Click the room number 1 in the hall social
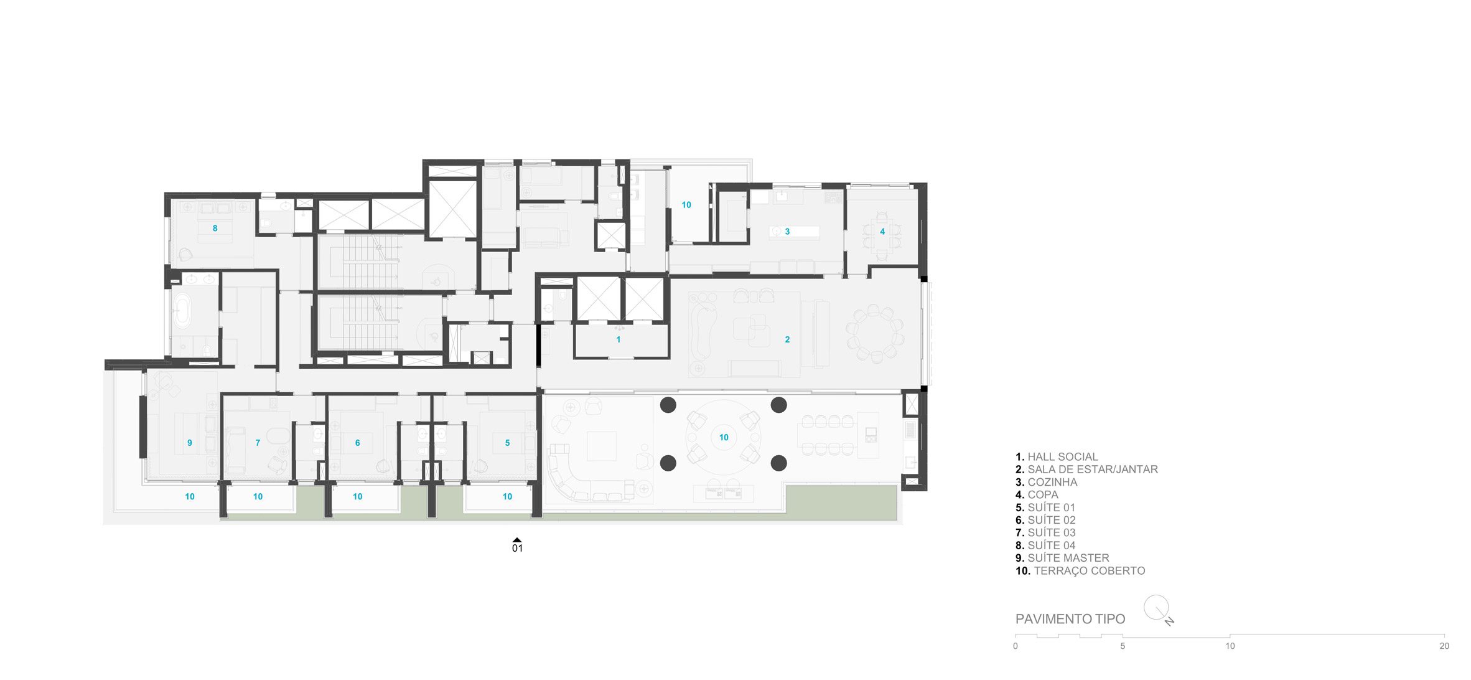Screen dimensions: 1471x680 pos(618,339)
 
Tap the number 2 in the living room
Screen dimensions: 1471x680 pos(787,339)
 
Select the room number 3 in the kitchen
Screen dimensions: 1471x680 pos(787,232)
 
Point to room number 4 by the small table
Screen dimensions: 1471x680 pos(882,232)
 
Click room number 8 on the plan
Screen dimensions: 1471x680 pos(215,229)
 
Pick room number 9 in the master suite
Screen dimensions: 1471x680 pos(190,443)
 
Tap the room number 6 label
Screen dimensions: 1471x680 pos(357,443)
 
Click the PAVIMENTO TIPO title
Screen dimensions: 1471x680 pos(1070,619)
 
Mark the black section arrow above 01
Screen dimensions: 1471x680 pos(516,540)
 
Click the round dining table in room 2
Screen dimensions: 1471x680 pos(874,334)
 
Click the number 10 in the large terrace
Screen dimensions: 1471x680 pos(724,437)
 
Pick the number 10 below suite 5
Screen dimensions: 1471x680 pos(507,496)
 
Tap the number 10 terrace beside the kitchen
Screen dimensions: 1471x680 pos(686,205)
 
